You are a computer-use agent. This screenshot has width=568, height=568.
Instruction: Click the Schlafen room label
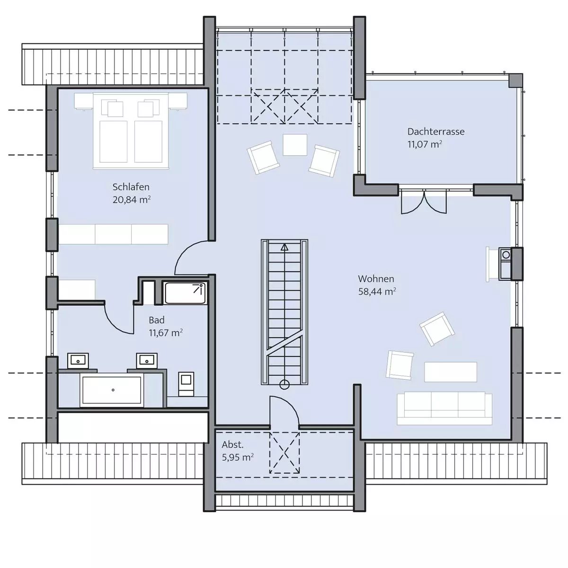pyautogui.click(x=131, y=187)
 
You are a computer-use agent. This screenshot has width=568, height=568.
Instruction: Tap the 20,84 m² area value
pyautogui.click(x=132, y=200)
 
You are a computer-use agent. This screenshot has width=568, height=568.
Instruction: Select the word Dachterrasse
pyautogui.click(x=436, y=132)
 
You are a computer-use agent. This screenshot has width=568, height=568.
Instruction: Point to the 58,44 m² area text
pyautogui.click(x=377, y=292)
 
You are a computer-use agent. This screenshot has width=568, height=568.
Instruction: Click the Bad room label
pyautogui.click(x=157, y=320)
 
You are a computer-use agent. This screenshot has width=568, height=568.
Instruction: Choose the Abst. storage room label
pyautogui.click(x=232, y=444)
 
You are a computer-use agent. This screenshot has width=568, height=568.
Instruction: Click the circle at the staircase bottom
pyautogui.click(x=284, y=384)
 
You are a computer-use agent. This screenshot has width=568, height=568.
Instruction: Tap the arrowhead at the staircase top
pyautogui.click(x=284, y=247)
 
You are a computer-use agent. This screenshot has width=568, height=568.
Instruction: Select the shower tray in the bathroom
pyautogui.click(x=185, y=293)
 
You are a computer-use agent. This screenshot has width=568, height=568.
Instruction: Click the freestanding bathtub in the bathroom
pyautogui.click(x=112, y=390)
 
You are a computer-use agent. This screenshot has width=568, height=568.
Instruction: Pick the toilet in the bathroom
pyautogui.click(x=186, y=384)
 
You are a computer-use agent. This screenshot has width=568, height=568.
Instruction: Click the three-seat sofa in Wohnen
pyautogui.click(x=444, y=408)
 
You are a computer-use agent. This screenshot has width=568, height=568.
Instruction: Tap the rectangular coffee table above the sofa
pyautogui.click(x=451, y=372)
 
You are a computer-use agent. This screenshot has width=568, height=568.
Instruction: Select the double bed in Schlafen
pyautogui.click(x=131, y=131)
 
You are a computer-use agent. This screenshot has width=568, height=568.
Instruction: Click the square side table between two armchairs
pyautogui.click(x=295, y=145)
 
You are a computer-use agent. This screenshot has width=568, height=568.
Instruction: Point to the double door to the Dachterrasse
pyautogui.click(x=424, y=202)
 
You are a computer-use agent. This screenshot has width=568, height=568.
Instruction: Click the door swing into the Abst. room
pyautogui.click(x=285, y=411)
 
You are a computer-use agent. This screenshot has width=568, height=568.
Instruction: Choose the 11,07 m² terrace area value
pyautogui.click(x=425, y=144)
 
